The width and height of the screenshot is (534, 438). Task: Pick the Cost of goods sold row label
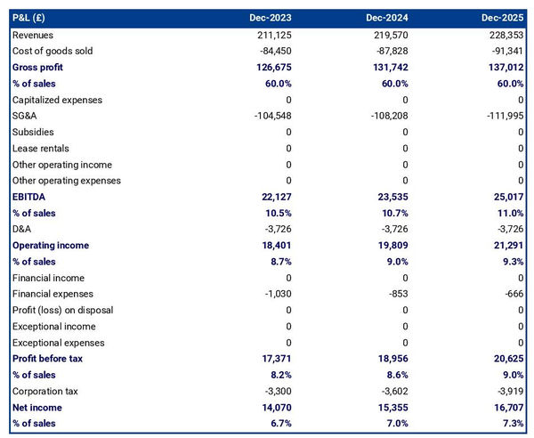tap(53, 51)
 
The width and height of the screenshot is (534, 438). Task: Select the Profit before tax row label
tap(49, 359)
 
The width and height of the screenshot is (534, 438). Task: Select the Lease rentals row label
tap(40, 148)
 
